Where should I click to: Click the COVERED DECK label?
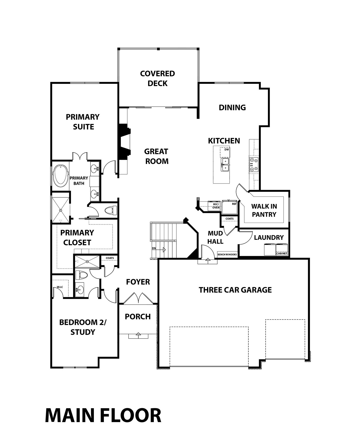point(158,78)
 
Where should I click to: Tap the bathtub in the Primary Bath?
point(60,176)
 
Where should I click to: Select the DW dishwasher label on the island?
point(227,149)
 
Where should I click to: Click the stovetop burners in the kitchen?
point(254,164)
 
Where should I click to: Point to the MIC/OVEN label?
point(216,206)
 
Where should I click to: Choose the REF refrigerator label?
point(234,204)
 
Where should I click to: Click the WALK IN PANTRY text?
point(264,210)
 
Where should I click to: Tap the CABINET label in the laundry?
point(282,253)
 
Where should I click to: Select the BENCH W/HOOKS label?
point(227,255)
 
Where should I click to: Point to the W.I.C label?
point(60,287)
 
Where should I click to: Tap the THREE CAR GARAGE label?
point(235,290)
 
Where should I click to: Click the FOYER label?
point(138,282)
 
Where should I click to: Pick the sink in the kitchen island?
point(225,165)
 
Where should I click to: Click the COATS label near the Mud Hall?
point(230,219)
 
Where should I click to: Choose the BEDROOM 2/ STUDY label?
point(83,327)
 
